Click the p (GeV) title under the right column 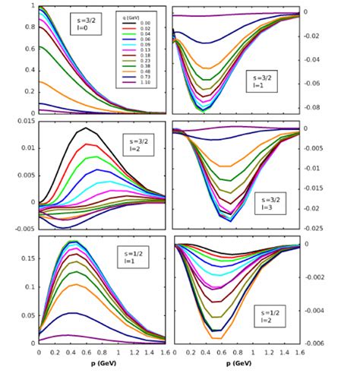coord(237,363)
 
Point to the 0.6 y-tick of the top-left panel coord(31,49)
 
